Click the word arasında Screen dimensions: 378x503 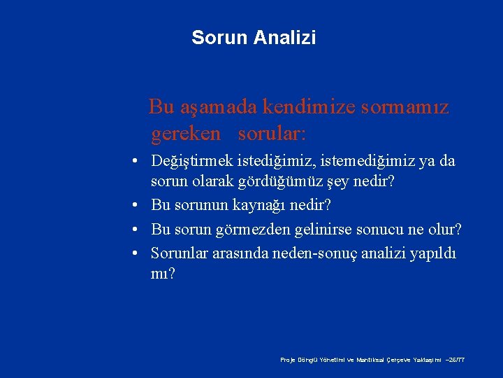pos(240,253)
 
